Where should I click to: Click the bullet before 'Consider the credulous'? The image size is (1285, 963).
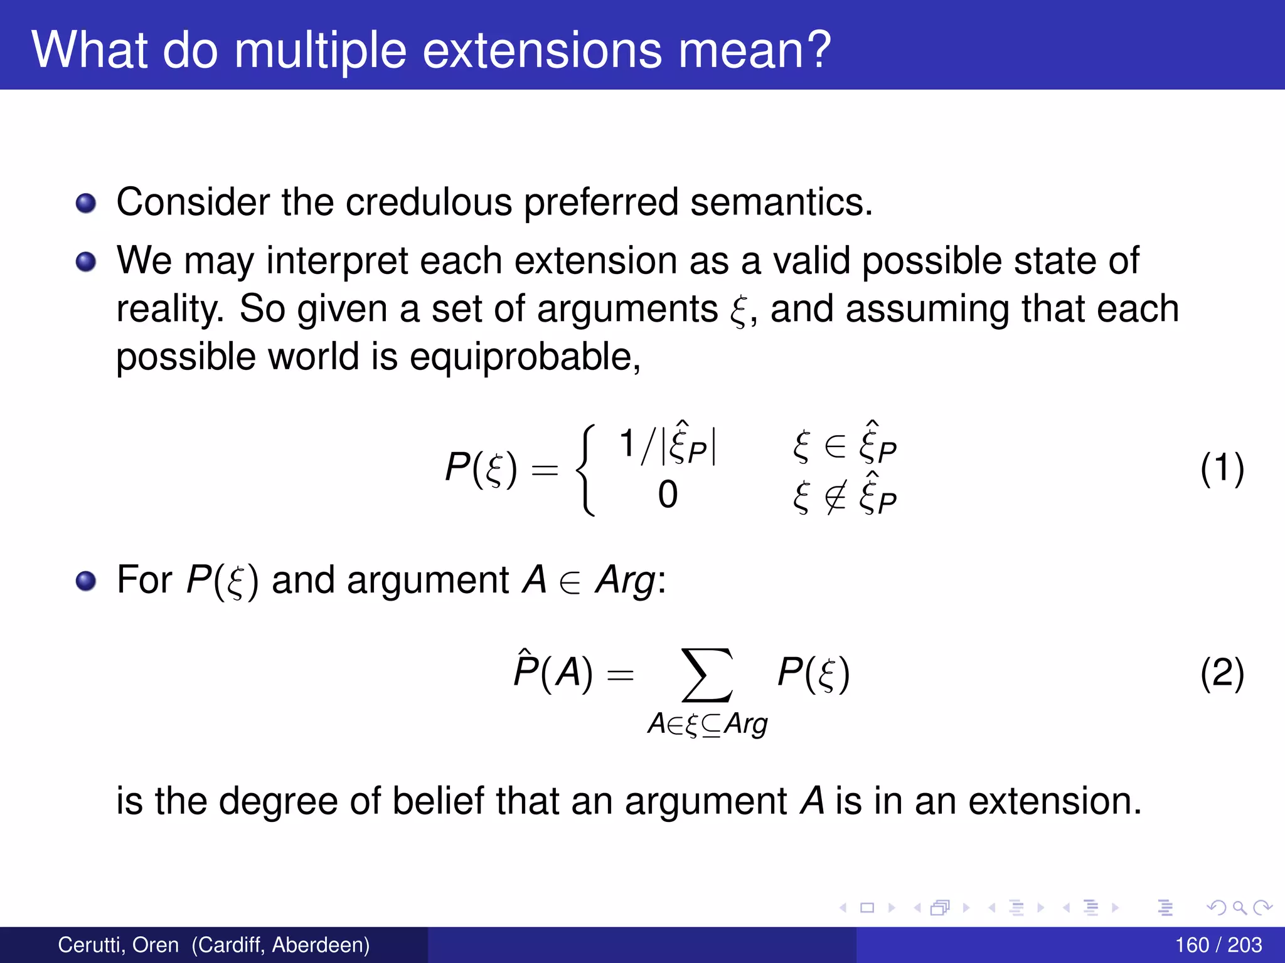pyautogui.click(x=86, y=204)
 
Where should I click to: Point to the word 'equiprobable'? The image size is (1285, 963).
pyautogui.click(x=525, y=357)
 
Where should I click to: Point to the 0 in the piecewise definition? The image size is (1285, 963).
pyautogui.click(x=668, y=495)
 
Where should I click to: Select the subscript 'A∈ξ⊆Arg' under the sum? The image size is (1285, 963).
pyautogui.click(x=707, y=725)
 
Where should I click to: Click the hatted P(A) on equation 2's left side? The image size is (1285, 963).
pyautogui.click(x=552, y=672)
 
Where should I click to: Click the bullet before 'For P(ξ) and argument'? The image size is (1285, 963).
pyautogui.click(x=86, y=581)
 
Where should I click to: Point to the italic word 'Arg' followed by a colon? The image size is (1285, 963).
pyautogui.click(x=625, y=581)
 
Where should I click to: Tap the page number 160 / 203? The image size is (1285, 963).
pyautogui.click(x=1218, y=945)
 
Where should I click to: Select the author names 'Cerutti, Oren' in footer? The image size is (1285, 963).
pyautogui.click(x=118, y=945)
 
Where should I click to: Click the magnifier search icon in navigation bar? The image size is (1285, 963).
pyautogui.click(x=1239, y=907)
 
